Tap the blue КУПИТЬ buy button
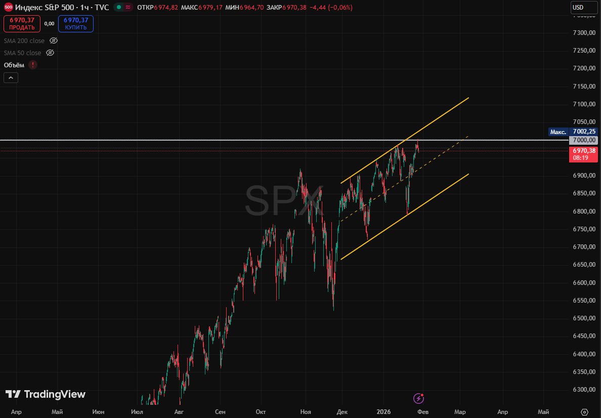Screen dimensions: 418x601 76,24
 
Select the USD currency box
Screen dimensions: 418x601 577,8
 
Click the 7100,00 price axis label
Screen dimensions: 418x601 584,104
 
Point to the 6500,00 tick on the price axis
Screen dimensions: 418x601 584,318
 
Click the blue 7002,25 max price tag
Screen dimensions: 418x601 584,132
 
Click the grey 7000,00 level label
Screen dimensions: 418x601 584,140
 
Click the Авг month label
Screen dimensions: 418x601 179,412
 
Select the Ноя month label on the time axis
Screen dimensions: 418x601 306,412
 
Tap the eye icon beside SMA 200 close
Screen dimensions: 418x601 54,40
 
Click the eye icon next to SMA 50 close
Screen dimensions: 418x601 50,53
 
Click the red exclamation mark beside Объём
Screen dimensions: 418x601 33,65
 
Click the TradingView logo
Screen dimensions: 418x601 46,394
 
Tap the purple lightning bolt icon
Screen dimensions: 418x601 418,398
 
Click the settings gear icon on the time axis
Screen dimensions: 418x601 585,412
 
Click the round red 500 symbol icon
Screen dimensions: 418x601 8,8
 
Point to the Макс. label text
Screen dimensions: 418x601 558,132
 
